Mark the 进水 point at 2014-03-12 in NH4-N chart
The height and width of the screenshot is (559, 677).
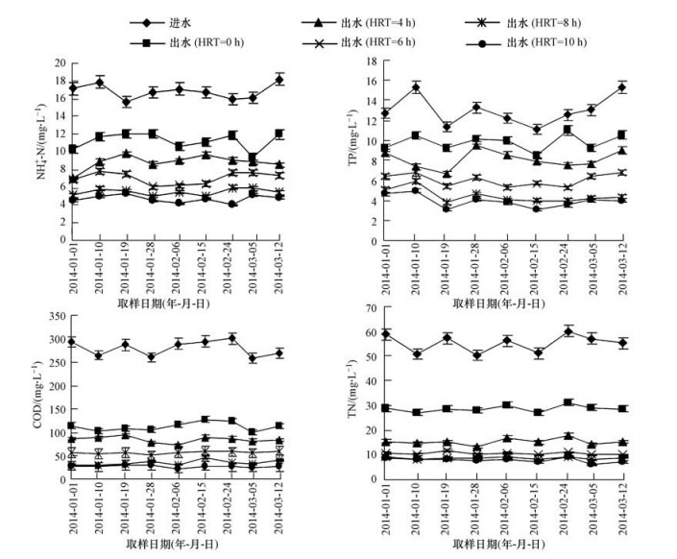279,80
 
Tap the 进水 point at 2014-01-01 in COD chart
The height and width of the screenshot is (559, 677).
73,341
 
